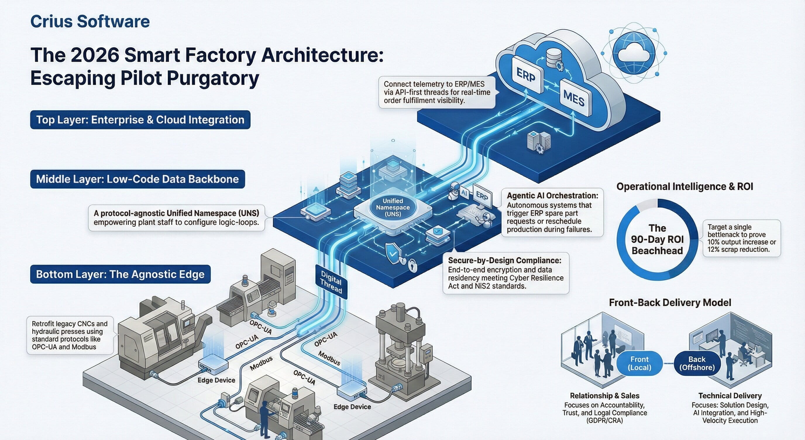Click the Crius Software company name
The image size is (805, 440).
coord(90,22)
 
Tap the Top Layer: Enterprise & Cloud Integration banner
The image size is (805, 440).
coord(140,120)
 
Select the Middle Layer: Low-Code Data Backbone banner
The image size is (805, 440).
coord(137,179)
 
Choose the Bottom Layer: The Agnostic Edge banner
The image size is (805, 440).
coord(120,274)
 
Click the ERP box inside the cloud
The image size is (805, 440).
coord(526,75)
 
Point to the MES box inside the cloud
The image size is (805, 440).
coord(574,98)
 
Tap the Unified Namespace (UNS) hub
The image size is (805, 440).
coord(393,208)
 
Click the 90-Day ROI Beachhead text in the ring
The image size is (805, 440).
coord(657,239)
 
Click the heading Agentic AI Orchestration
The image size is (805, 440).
coord(552,196)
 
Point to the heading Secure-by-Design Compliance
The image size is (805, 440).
coord(504,261)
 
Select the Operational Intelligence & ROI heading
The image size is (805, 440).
coord(685,187)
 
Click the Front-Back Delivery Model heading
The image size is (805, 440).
coord(670,303)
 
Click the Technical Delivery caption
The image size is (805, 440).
coord(730,396)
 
